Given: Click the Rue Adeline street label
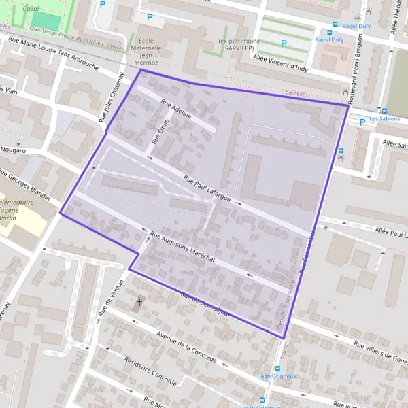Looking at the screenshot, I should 176,109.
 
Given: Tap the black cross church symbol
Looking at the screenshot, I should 140,301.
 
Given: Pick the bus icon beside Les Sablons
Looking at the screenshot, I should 363,119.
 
